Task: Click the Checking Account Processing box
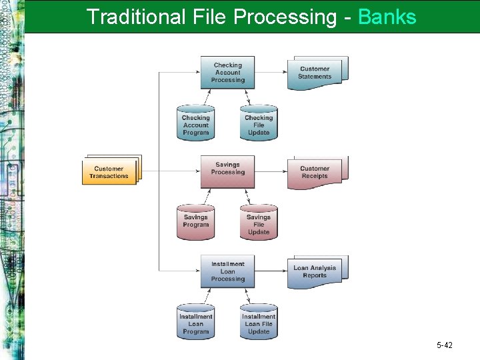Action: point(227,73)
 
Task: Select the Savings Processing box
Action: point(227,171)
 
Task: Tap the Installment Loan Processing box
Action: point(227,271)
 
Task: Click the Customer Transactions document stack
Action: point(110,171)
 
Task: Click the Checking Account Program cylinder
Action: point(195,123)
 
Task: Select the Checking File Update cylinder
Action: point(259,123)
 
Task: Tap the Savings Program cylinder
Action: point(195,222)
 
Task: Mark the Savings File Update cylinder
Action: point(259,223)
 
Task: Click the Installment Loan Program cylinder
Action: point(195,322)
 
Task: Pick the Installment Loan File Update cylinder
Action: point(259,322)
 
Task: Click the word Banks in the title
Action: point(387,16)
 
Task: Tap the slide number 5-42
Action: point(445,345)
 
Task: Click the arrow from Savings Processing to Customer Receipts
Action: point(271,171)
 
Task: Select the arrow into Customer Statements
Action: point(271,72)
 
